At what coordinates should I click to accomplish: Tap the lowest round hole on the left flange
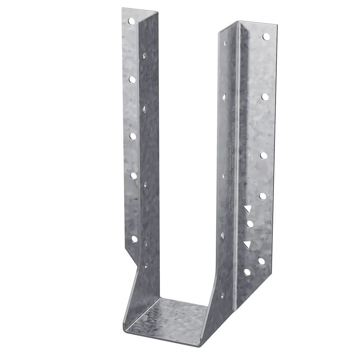tap(134, 239)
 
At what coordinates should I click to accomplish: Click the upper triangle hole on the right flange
tap(247, 209)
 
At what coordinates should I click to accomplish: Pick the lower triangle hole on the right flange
tap(247, 244)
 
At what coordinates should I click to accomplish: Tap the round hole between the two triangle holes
tap(250, 224)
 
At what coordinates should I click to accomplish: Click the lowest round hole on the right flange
tap(247, 272)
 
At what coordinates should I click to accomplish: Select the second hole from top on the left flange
tap(132, 80)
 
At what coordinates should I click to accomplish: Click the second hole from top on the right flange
tap(265, 97)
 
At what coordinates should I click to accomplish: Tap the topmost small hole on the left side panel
tap(144, 56)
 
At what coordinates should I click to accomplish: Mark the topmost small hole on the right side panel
tap(225, 44)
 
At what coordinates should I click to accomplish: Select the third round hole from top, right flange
tap(263, 155)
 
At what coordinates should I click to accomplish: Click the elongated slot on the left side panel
tap(146, 242)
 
